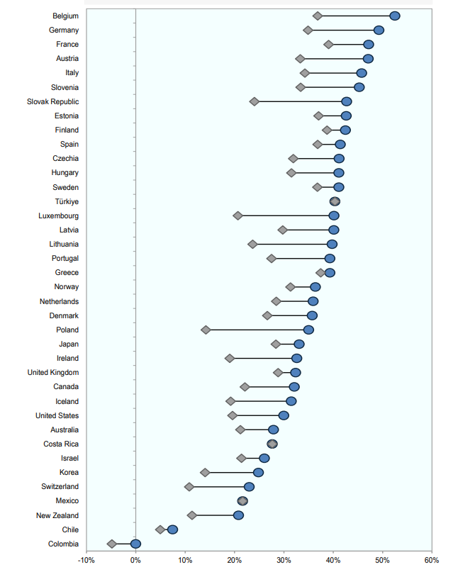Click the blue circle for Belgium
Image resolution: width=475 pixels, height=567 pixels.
point(395,16)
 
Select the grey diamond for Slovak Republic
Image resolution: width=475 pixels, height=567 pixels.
point(255,101)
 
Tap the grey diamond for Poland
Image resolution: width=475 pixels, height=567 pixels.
point(206,330)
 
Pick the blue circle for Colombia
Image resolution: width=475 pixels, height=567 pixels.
point(135,544)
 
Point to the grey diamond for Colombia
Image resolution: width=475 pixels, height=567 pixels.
point(112,544)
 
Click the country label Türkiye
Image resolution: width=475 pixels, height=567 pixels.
point(67,201)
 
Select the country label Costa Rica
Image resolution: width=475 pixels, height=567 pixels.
point(61,444)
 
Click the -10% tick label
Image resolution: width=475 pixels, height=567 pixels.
point(86,560)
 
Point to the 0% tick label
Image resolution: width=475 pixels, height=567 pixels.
point(135,560)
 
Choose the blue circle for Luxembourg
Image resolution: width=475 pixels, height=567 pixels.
point(334,215)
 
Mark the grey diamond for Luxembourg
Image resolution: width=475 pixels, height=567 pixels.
point(238,215)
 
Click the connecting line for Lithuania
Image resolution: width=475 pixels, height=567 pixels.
point(292,244)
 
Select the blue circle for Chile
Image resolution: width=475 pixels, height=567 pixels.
point(172,529)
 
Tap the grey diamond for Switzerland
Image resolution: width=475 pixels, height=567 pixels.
point(189,487)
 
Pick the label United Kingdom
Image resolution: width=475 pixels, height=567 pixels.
point(53,372)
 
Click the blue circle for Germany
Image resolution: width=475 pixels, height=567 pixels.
point(379,30)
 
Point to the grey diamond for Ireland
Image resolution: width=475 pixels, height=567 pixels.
point(230,358)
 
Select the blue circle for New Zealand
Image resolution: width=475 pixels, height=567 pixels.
point(239,515)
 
